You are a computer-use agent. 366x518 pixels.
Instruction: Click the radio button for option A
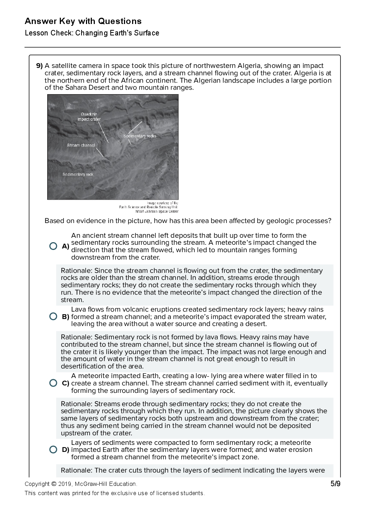click(53, 246)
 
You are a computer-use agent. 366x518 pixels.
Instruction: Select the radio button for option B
click(53, 316)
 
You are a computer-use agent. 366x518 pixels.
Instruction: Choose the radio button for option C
click(53, 383)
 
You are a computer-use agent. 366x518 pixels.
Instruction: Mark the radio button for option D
click(53, 449)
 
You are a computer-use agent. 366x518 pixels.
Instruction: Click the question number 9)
click(39, 66)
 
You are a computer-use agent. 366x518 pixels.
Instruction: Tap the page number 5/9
click(335, 484)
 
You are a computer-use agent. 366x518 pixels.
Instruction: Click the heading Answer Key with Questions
click(83, 21)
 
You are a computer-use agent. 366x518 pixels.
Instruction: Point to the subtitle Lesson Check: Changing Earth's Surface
click(92, 33)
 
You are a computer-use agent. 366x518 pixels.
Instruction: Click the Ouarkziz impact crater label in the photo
click(89, 117)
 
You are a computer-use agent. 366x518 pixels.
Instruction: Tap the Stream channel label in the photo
click(81, 145)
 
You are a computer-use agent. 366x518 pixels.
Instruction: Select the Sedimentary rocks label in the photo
click(139, 136)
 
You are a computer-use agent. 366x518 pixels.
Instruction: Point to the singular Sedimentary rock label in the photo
click(78, 174)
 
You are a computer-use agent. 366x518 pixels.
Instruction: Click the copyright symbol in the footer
click(54, 484)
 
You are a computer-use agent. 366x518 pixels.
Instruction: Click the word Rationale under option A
click(76, 271)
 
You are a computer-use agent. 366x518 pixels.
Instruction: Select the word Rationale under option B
click(76, 337)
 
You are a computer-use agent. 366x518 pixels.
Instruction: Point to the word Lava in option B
click(78, 309)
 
